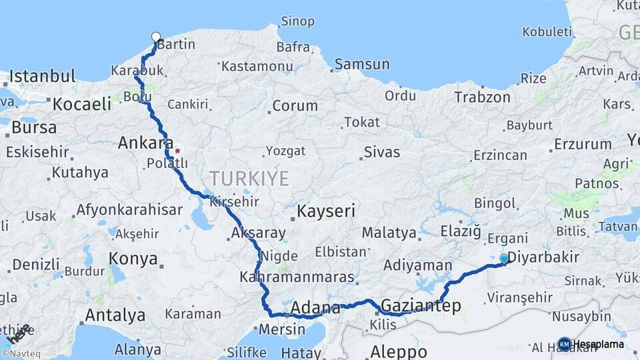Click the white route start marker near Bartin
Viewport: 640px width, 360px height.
tap(156, 37)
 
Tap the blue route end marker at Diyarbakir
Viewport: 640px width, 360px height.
tap(504, 258)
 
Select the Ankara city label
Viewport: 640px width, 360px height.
tap(145, 143)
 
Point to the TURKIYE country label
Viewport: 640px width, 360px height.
tap(249, 179)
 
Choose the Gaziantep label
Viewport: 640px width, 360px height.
tap(420, 306)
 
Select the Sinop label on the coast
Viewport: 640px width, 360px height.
tap(297, 22)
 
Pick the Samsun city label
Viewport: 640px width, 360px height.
tap(362, 65)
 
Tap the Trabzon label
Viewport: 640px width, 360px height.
tap(482, 97)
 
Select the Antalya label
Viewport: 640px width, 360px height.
tap(115, 314)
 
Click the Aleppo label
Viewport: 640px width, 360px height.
tap(399, 351)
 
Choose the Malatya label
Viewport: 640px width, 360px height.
tap(389, 233)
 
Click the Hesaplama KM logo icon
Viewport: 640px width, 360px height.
tap(565, 344)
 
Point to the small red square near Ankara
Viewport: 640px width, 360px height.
tap(177, 151)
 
